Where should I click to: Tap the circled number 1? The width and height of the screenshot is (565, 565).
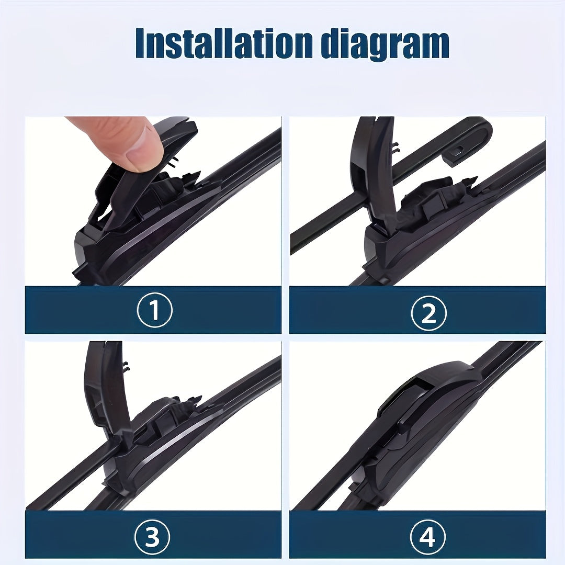tap(154, 311)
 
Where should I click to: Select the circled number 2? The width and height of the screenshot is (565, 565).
tap(428, 313)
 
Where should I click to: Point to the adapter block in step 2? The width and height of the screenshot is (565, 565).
tap(429, 201)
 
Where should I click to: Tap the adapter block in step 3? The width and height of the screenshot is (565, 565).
tap(162, 419)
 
